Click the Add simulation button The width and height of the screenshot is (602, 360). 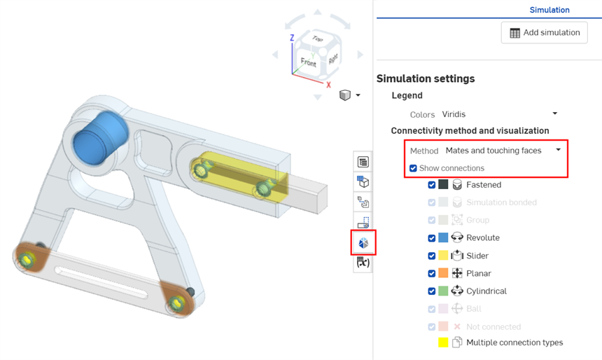[544, 33]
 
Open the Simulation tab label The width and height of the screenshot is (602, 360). [549, 10]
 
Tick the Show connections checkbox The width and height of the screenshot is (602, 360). [413, 168]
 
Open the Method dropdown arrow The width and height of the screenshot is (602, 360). [558, 150]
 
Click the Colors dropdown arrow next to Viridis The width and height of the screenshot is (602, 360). [555, 113]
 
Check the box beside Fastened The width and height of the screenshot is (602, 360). [431, 185]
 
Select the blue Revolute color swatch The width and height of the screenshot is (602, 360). [443, 238]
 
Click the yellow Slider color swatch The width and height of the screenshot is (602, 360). [443, 256]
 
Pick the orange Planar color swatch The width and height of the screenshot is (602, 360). [443, 273]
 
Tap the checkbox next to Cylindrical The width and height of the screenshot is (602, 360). [431, 291]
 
